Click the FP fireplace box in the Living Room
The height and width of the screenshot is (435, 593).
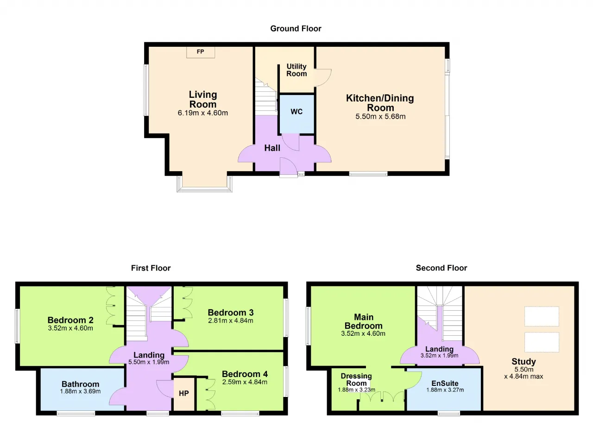point(201,52)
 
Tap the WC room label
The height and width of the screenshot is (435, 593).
point(296,111)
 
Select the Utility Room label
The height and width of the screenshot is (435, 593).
point(296,70)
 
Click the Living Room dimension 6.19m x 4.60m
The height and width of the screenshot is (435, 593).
point(203,113)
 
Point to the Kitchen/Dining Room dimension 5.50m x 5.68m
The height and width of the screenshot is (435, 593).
point(380,116)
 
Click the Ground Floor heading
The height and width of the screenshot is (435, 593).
point(296,29)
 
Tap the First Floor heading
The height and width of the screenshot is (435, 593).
point(151,268)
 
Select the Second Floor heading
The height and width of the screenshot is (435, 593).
point(442,268)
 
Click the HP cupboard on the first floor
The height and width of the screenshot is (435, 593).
point(184,393)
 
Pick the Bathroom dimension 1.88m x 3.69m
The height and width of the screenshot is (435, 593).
point(80,391)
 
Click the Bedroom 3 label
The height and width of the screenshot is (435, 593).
point(231,313)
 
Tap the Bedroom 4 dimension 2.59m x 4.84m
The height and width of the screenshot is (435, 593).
point(245,382)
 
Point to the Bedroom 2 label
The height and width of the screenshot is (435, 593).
point(70,320)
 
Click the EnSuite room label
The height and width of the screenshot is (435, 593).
point(445,384)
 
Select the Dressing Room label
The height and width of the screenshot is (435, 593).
point(356,380)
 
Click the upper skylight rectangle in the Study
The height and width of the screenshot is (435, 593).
point(542,316)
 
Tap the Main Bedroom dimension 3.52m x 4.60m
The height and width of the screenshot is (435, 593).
point(363,333)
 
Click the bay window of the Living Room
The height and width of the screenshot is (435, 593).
point(205,189)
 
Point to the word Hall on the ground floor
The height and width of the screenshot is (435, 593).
point(272,148)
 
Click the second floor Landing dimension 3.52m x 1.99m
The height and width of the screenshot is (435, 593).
point(440,356)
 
